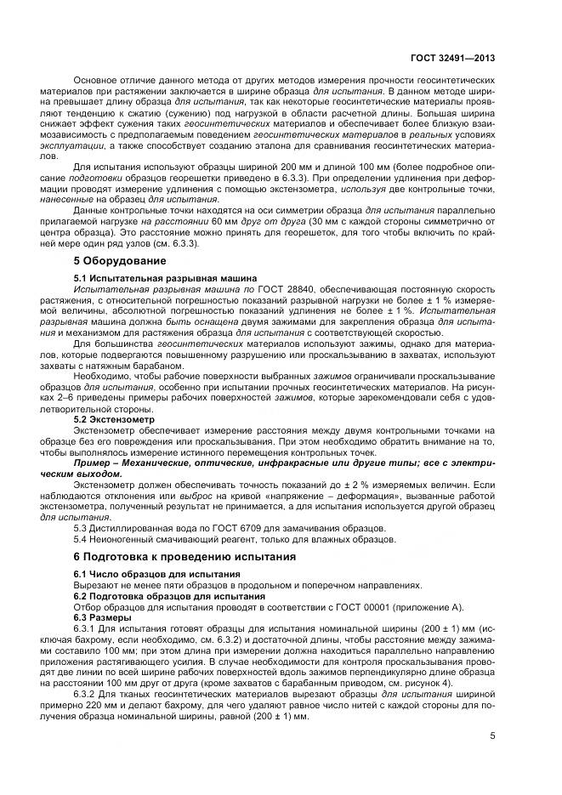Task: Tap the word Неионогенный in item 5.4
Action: [119, 538]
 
